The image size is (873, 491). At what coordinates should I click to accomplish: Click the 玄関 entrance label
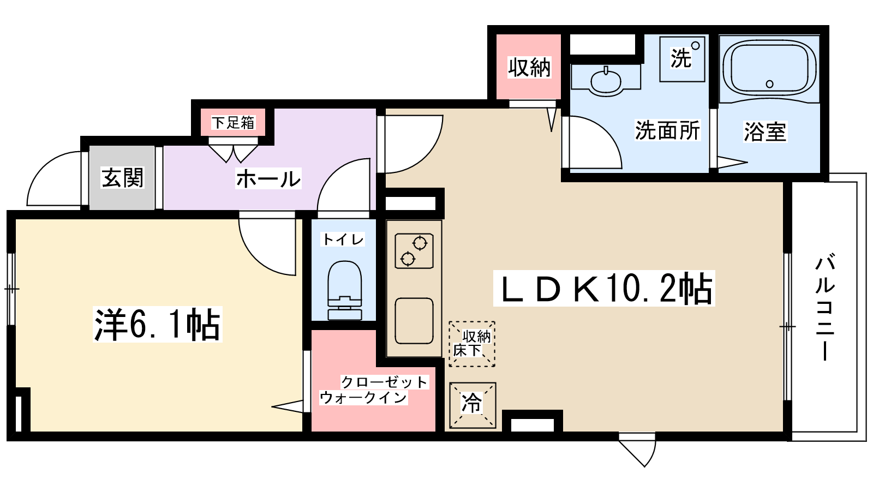click(123, 178)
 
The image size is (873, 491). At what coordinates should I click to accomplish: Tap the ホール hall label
click(268, 179)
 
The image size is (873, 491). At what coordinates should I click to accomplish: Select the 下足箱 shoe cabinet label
click(232, 123)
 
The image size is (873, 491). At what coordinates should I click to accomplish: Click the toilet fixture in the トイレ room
click(345, 290)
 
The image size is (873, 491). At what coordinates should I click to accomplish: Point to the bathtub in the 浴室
click(769, 69)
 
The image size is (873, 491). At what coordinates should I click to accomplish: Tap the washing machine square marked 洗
click(682, 59)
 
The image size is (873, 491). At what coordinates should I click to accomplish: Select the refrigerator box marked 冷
click(473, 405)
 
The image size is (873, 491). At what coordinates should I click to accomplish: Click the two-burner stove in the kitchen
click(414, 251)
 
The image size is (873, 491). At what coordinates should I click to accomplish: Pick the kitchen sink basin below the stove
click(414, 321)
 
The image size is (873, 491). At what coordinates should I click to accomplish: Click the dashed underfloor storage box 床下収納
click(472, 344)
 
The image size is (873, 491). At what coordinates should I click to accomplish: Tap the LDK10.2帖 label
click(604, 288)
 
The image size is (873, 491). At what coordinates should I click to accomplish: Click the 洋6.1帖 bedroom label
click(158, 324)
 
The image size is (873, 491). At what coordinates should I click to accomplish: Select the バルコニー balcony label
click(825, 308)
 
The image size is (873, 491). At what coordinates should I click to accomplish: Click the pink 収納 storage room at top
click(529, 67)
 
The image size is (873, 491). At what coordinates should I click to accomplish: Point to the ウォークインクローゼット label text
click(373, 390)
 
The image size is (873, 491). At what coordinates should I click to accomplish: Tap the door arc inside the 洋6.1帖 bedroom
click(259, 256)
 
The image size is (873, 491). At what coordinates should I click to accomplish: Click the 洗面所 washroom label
click(667, 130)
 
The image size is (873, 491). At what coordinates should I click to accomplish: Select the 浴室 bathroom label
click(765, 131)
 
